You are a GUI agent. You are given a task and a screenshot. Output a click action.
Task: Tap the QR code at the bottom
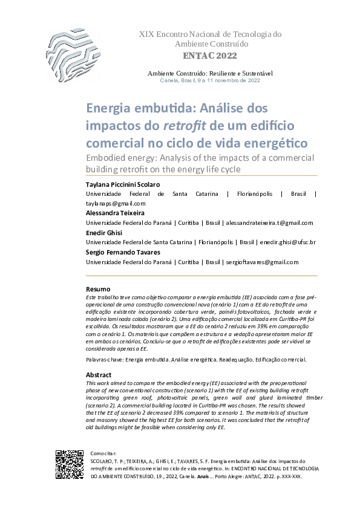69,464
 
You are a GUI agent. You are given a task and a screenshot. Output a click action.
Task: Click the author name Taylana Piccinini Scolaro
123,184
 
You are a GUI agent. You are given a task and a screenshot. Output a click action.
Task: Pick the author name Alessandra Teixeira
115,213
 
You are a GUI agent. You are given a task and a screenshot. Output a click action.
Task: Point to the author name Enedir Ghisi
103,233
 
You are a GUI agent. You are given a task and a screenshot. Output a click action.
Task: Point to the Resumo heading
98,290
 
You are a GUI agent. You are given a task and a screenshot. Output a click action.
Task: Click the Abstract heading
99,375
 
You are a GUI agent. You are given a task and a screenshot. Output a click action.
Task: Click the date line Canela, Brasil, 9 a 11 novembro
210,80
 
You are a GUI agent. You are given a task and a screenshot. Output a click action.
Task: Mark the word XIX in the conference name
146,34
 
